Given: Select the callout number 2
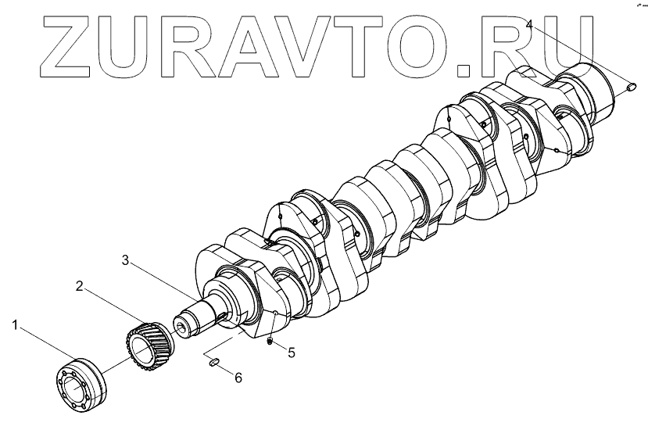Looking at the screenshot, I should tap(80, 287).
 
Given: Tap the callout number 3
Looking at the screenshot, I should tap(124, 260).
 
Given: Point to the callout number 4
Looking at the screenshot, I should tap(531, 24).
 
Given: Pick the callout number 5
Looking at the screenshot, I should tap(292, 353).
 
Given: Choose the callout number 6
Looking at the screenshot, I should tap(238, 378).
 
